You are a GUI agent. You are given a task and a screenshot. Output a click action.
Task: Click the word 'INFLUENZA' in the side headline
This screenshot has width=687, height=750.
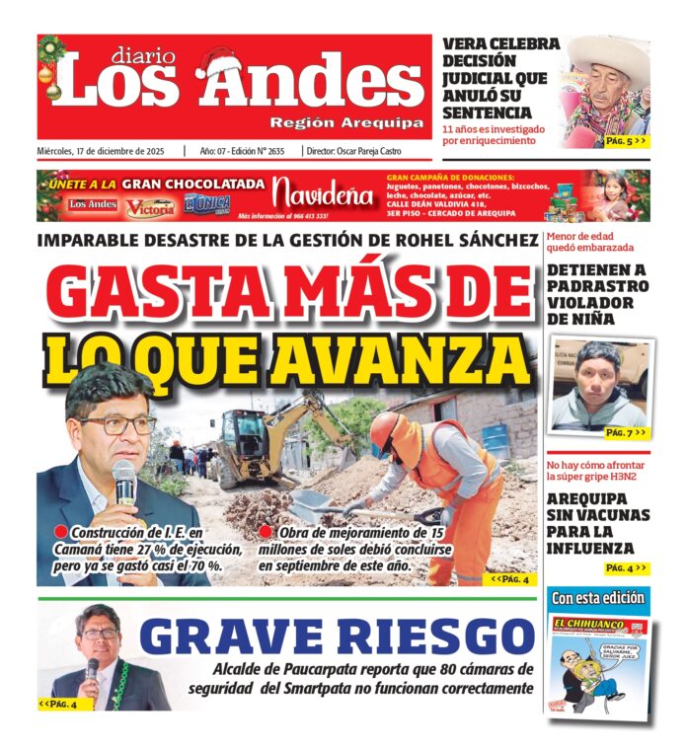coord(598,548)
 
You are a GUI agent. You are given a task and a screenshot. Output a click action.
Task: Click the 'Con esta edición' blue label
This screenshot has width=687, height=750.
coord(598,598)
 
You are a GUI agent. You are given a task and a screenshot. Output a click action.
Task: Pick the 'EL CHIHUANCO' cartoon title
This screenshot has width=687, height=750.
coord(588,624)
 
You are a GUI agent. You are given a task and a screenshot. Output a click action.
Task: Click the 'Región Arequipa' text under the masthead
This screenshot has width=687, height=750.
coord(346,122)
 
